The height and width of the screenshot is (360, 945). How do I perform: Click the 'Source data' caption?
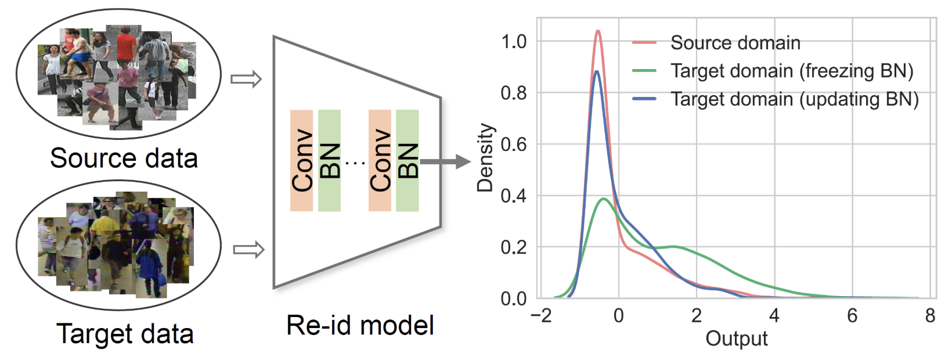point(124,158)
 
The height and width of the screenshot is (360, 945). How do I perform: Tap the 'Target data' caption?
point(125,334)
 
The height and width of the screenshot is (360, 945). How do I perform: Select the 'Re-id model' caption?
point(360,325)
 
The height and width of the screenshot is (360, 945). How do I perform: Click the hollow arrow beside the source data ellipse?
point(246,79)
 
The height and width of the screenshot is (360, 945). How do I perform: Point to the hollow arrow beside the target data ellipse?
point(248,250)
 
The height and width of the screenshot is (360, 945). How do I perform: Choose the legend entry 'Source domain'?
point(735,42)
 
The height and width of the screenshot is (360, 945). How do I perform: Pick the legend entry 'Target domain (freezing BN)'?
point(792,71)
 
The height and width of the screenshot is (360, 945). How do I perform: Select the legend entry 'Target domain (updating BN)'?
point(794,99)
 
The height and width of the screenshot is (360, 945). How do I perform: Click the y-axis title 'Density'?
point(485,157)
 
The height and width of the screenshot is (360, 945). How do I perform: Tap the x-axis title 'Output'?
point(736,339)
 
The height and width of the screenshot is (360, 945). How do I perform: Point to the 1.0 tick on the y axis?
point(514,41)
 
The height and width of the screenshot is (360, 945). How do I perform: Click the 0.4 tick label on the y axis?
point(514,196)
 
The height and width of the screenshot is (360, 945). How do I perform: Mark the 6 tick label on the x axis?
point(852,315)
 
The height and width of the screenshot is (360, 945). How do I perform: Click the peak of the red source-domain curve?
point(598,31)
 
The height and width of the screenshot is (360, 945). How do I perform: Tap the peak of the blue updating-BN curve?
point(596,71)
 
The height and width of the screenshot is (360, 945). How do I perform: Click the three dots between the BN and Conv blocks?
point(355,163)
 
